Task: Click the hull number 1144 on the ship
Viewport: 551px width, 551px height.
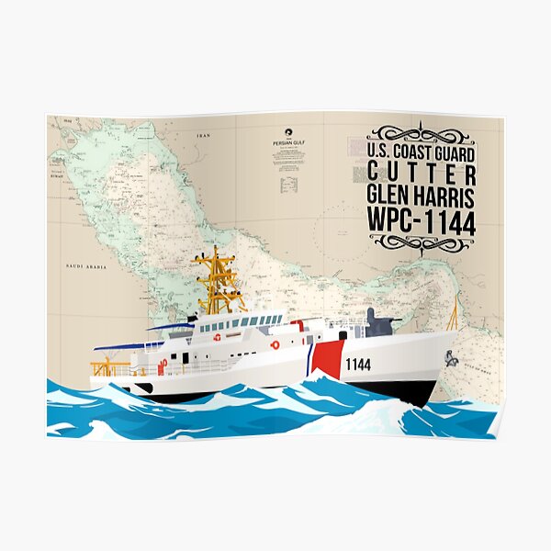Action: (358, 365)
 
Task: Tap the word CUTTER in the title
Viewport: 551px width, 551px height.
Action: (422, 173)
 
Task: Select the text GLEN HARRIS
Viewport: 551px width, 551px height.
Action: (422, 196)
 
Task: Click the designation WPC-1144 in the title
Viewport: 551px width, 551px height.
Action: (422, 221)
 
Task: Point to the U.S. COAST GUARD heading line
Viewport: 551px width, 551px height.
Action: (422, 151)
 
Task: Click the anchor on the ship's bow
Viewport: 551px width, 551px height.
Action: (451, 357)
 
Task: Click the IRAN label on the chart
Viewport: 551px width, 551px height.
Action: (204, 135)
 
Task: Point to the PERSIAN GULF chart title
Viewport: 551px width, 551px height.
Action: (287, 143)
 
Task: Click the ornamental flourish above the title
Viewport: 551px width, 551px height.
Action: (422, 133)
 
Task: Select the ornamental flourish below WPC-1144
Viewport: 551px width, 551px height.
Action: (422, 243)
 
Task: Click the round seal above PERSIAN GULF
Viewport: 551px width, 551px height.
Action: (287, 130)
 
